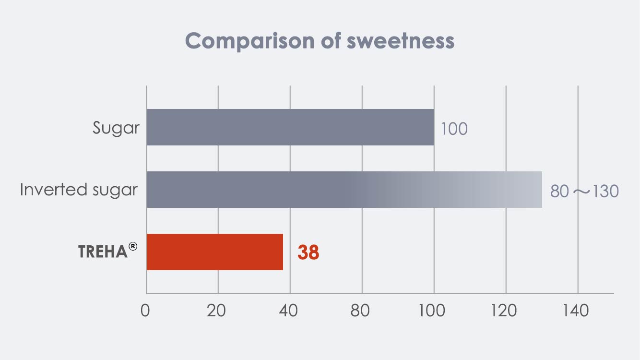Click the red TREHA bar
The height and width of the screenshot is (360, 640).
214,252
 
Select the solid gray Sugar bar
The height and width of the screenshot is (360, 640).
290,127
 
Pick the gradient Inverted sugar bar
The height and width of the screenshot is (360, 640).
344,190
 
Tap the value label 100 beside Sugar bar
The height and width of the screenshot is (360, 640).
454,129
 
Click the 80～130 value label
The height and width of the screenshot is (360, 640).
584,192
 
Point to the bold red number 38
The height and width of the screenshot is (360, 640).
308,252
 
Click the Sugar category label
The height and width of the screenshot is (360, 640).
116,128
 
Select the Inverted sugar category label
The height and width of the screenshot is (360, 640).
79,190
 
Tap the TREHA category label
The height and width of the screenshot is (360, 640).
103,252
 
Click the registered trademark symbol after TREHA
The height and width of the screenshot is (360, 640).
133,246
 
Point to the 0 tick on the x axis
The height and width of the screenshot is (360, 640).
145,311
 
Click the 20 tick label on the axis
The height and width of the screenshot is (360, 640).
217,311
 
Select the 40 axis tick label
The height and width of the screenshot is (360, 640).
289,311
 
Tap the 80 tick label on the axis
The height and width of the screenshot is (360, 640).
361,311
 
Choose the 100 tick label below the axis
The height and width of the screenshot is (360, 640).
432,311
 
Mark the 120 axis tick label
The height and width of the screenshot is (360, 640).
505,311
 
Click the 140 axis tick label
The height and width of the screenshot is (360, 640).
576,311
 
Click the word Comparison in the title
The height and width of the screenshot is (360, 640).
249,41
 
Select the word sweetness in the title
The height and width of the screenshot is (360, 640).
400,41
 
